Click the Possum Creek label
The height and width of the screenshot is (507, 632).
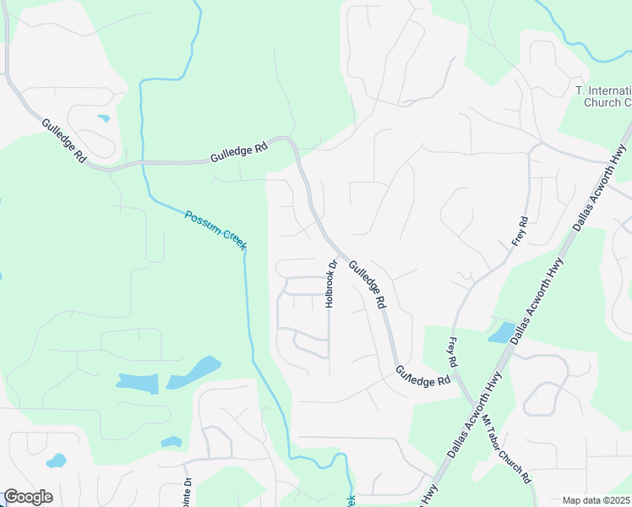click(215, 228)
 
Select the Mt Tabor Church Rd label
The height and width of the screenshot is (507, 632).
click(507, 447)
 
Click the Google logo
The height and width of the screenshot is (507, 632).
click(28, 497)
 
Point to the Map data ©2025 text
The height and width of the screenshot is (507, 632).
click(597, 500)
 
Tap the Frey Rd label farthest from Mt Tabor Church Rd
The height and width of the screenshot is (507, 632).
click(520, 232)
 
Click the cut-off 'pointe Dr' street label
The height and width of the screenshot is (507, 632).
click(188, 491)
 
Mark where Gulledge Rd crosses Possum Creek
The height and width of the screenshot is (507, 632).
click(144, 162)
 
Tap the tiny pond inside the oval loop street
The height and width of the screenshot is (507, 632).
click(103, 118)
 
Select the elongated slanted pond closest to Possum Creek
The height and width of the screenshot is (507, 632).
click(193, 373)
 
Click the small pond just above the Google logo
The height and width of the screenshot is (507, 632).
click(57, 461)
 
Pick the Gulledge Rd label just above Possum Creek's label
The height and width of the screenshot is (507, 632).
click(239, 152)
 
